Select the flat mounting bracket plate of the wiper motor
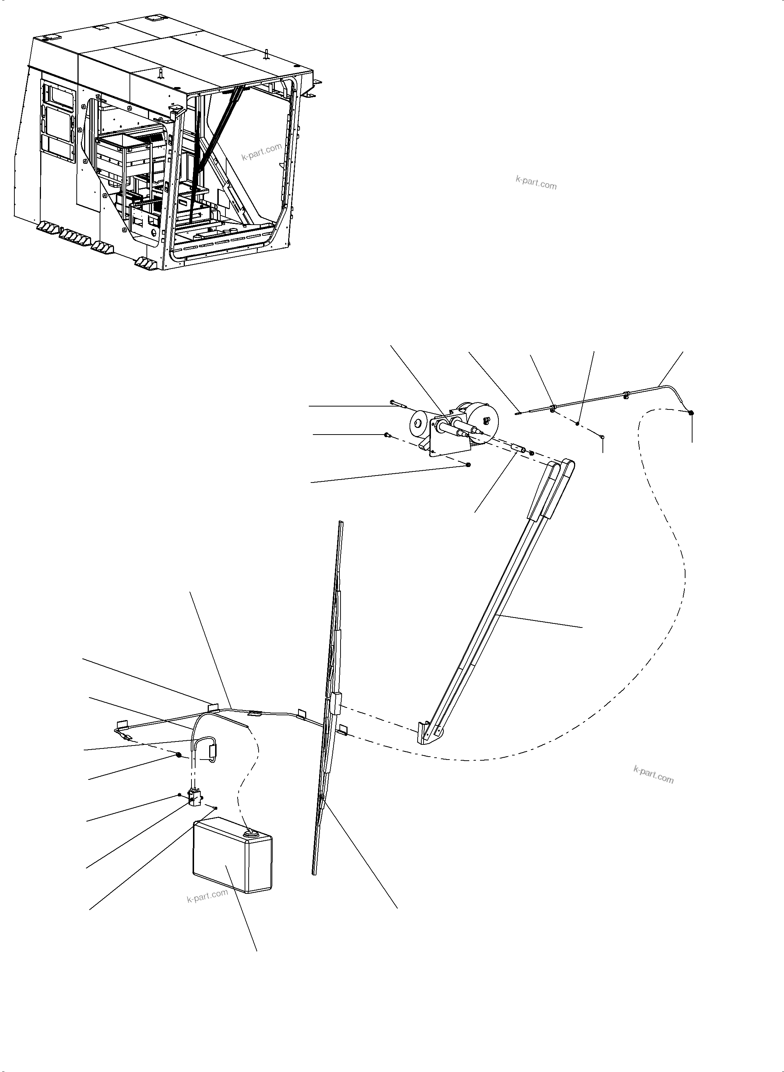pos(449,436)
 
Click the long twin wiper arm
pos(494,617)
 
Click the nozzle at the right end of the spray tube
pos(691,413)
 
